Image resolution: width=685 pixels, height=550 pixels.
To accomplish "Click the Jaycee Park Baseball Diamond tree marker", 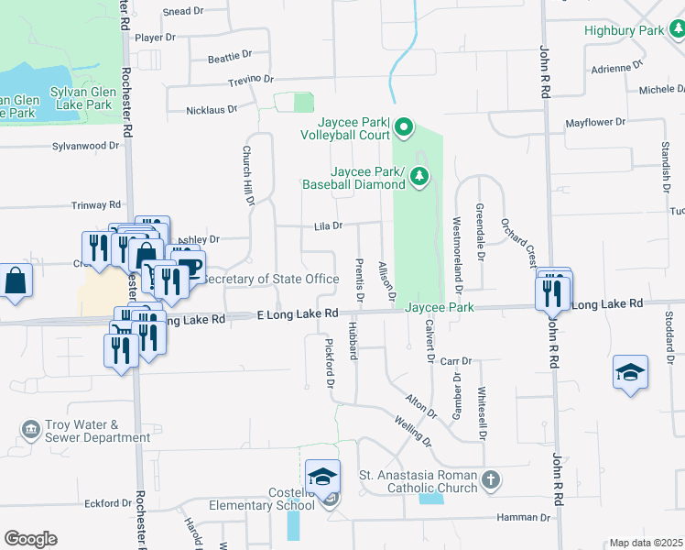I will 419,176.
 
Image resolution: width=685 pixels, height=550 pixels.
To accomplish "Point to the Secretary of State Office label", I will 270,279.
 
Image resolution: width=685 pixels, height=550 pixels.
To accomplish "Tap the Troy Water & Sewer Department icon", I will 31,429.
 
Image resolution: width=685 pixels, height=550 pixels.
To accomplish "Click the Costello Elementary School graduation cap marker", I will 322,478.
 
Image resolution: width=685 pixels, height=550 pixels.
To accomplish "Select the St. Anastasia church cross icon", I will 492,479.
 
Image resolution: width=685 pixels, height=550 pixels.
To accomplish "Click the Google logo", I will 29,539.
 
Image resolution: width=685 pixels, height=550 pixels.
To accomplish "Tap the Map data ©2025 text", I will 646,543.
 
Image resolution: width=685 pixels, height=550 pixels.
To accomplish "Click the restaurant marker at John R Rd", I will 553,291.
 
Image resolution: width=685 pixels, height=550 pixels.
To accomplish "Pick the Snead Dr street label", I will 182,11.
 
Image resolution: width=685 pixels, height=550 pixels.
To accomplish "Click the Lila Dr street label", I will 328,225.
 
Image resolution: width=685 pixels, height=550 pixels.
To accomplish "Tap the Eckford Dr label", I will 108,503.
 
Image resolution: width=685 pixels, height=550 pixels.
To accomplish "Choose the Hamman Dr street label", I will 523,517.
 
